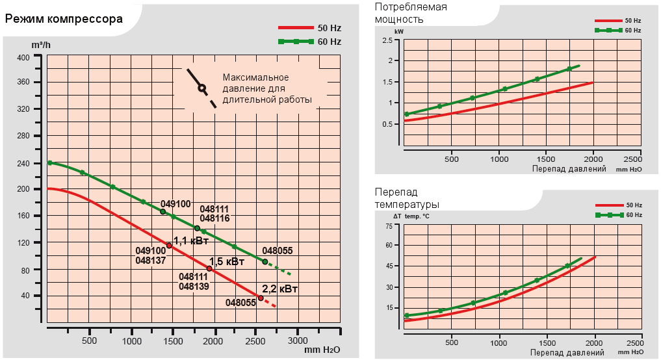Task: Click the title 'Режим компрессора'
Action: [64, 18]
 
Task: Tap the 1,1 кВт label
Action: [190, 240]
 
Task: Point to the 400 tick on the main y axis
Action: [23, 57]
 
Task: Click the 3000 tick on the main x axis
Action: [298, 340]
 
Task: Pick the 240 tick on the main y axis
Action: [23, 163]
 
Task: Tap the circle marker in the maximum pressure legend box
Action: [201, 88]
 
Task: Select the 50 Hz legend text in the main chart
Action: [329, 28]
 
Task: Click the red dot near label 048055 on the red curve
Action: [261, 298]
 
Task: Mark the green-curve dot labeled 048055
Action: [265, 261]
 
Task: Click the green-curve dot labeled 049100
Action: [163, 212]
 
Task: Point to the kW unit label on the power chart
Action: [398, 31]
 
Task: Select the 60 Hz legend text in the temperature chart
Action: [634, 214]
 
